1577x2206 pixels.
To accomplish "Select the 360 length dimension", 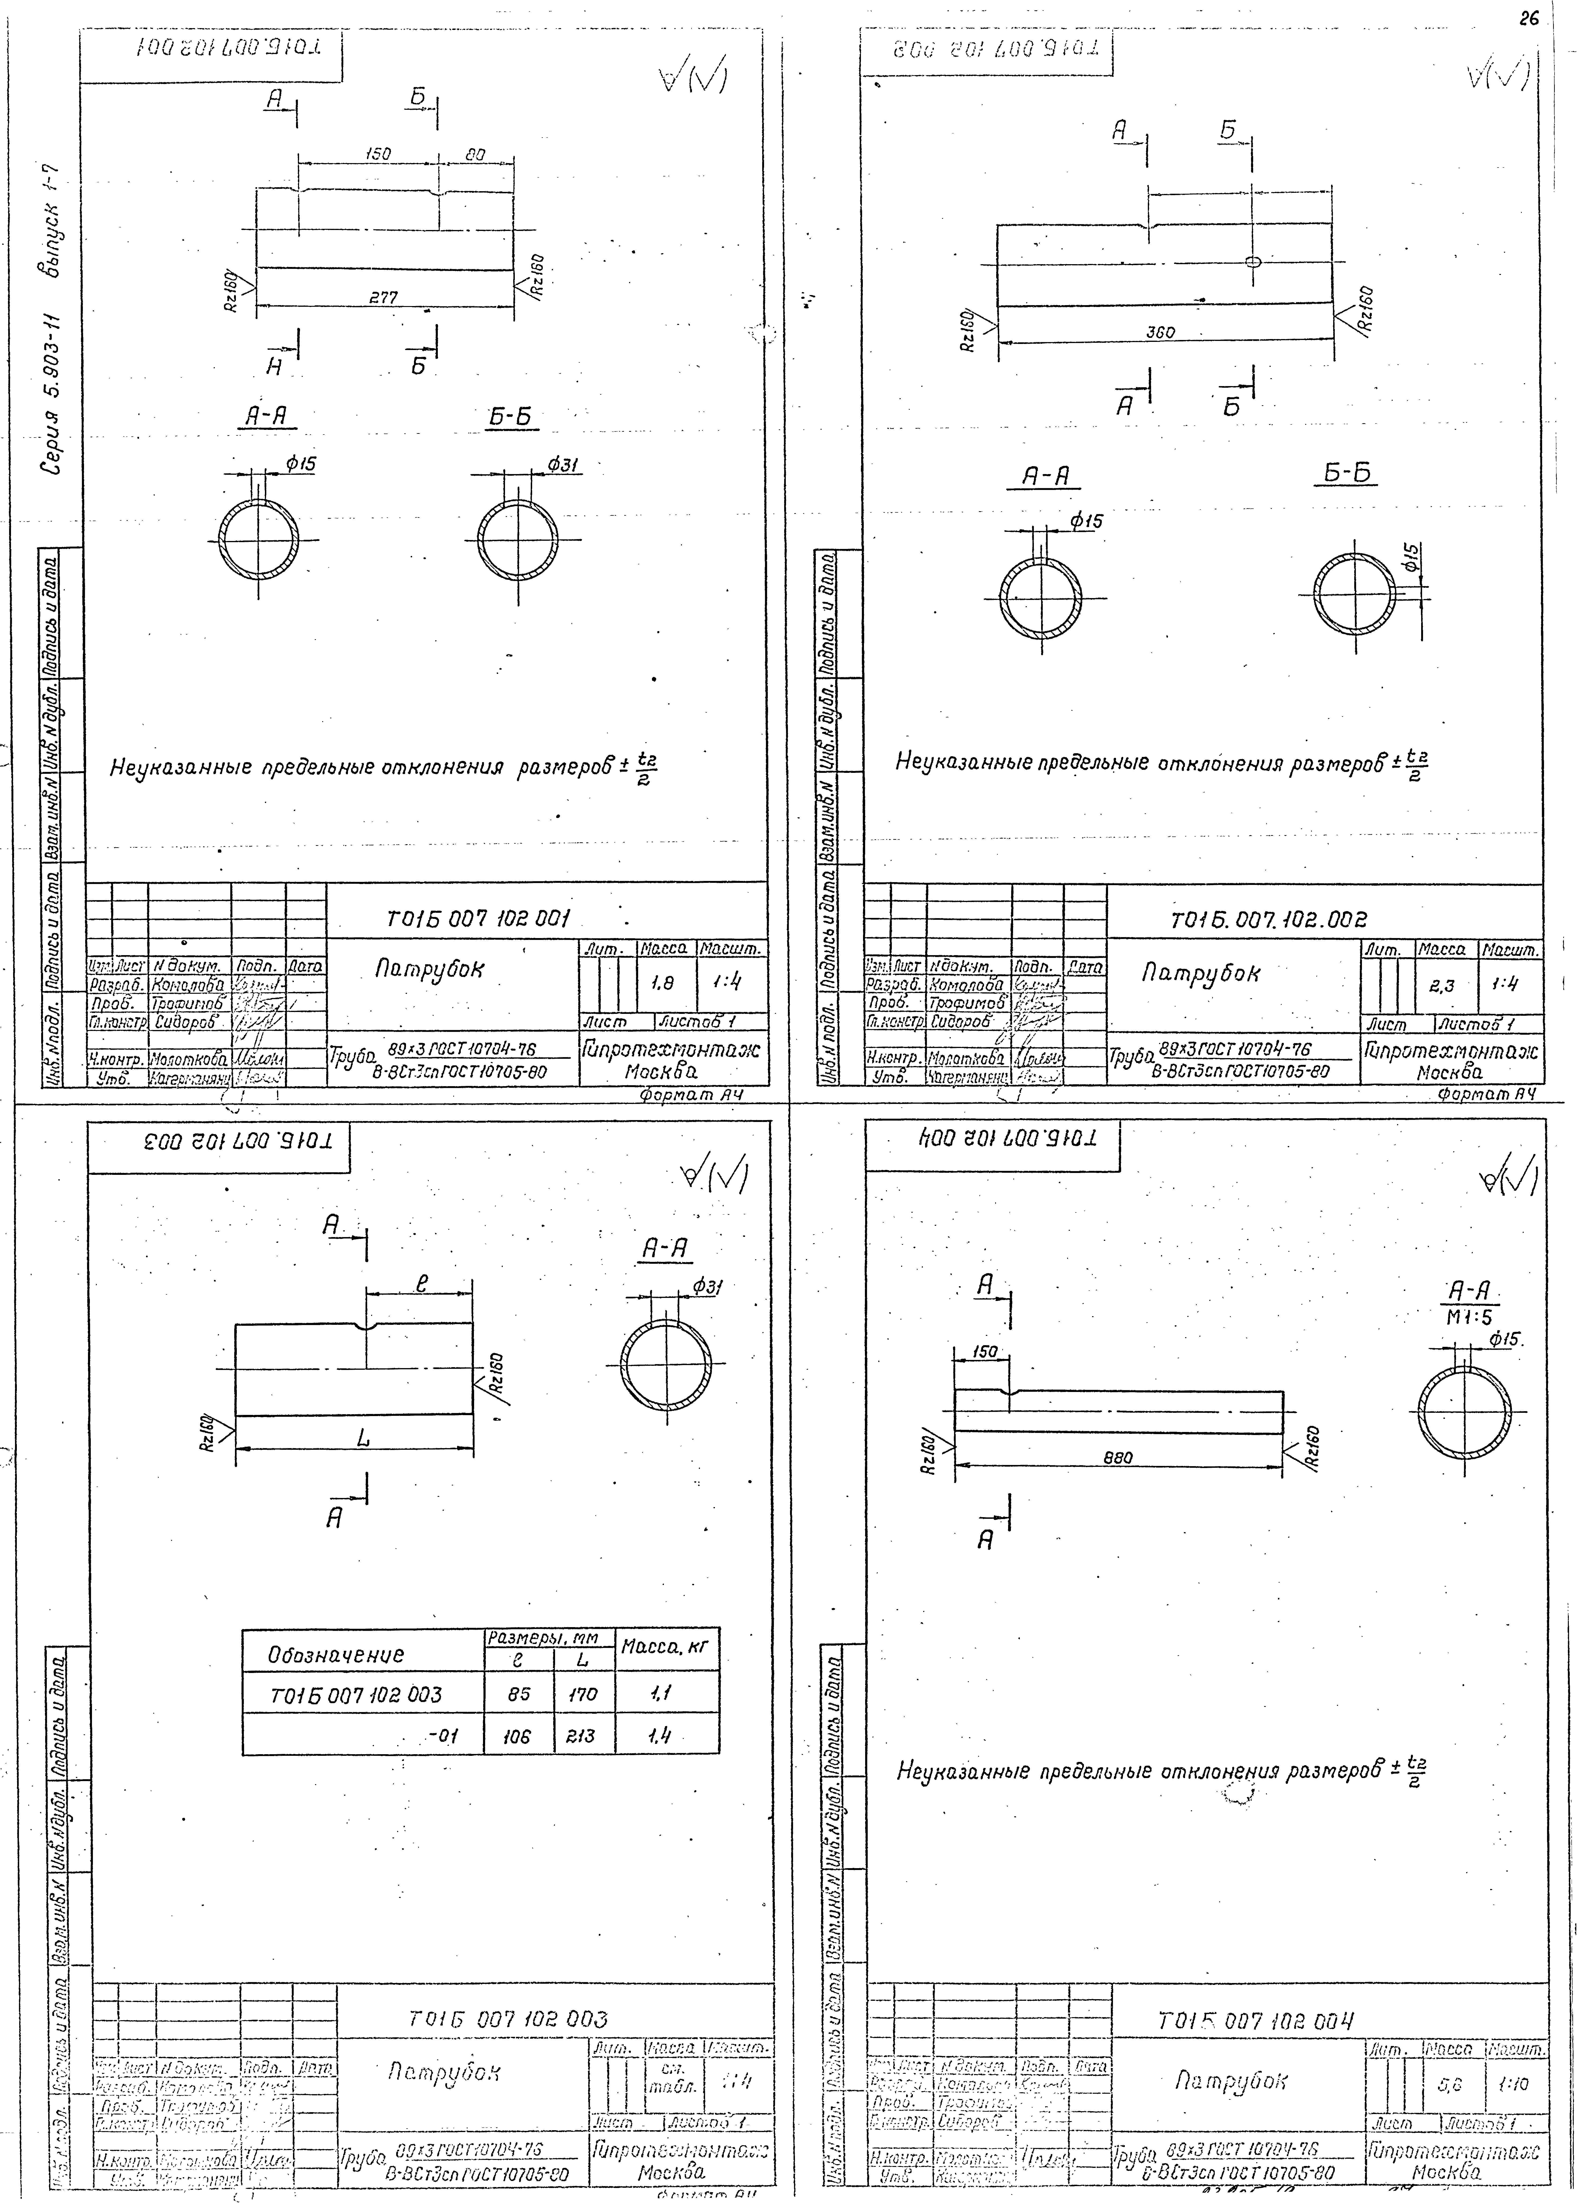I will [1160, 332].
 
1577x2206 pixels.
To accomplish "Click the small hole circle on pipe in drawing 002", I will [1253, 261].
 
